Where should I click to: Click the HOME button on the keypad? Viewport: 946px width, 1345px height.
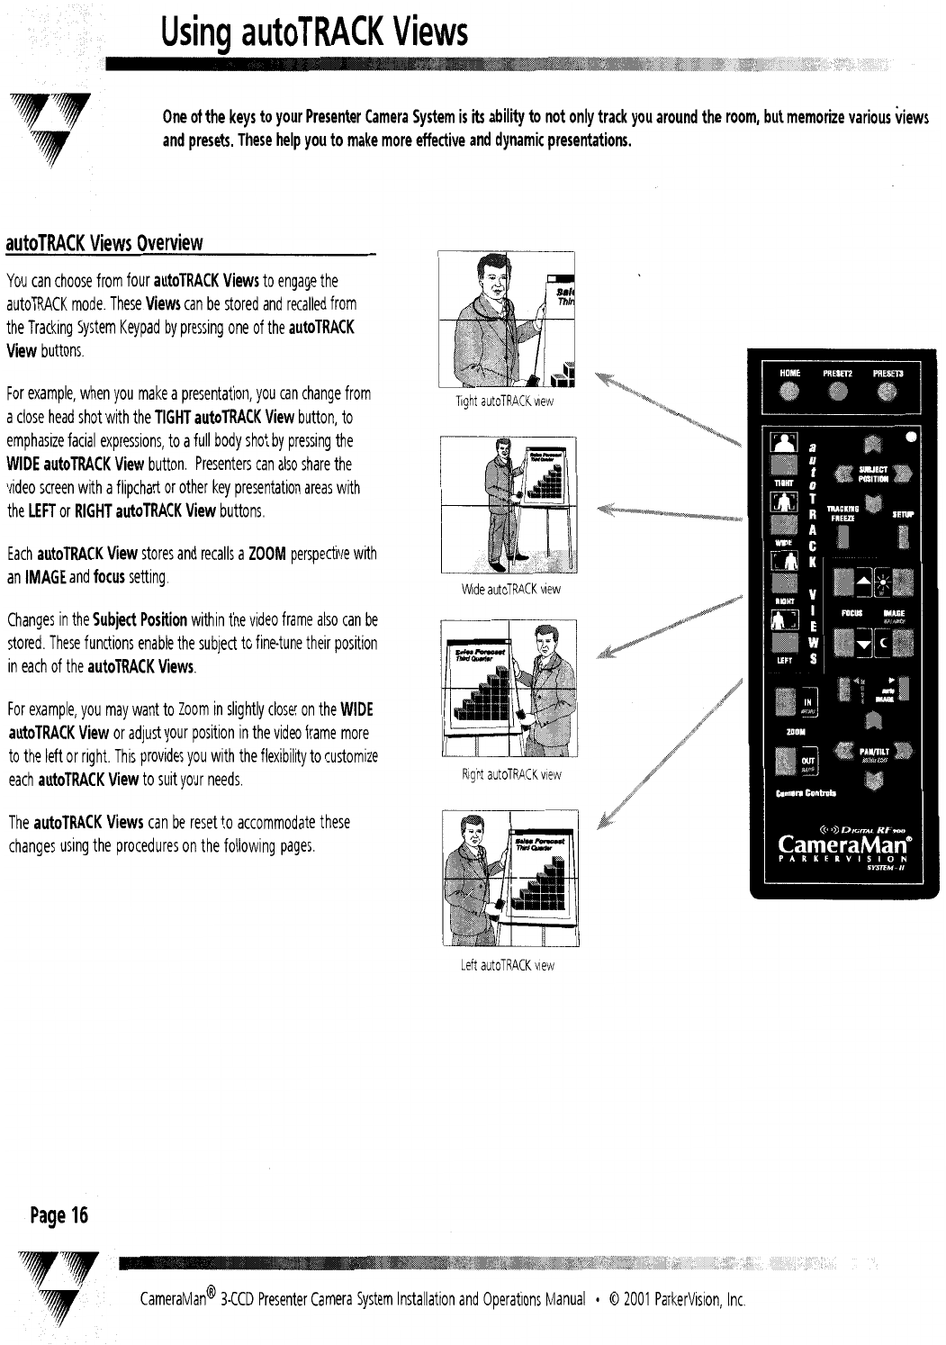tap(789, 390)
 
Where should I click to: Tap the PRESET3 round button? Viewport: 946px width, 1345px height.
tap(887, 390)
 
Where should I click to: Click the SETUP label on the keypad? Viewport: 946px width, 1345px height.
tap(903, 514)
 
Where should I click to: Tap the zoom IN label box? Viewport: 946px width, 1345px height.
tap(808, 704)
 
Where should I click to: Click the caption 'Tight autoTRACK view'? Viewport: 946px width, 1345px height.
tap(504, 402)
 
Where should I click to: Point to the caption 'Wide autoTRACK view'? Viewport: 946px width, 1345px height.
tap(510, 590)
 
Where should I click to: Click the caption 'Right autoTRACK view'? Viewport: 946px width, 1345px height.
tap(510, 774)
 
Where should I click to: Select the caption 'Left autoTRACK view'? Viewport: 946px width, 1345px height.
tap(507, 965)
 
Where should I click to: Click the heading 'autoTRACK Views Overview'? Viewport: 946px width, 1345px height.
tap(104, 243)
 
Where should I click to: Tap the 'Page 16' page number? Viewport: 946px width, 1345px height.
tap(58, 1215)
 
